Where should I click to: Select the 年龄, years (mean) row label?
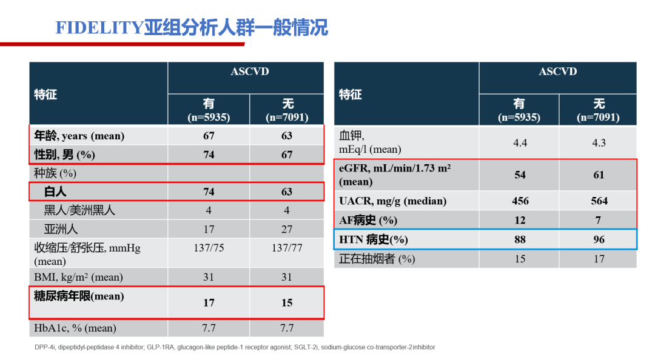(x=79, y=136)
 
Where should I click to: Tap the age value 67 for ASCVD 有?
(x=209, y=136)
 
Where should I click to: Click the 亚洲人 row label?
(x=61, y=229)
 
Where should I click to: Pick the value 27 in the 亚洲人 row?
(x=287, y=229)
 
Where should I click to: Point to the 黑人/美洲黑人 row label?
(x=79, y=210)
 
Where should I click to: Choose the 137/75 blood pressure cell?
(x=209, y=248)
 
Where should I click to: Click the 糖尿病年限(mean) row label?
(x=79, y=296)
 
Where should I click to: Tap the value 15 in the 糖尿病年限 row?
(x=287, y=302)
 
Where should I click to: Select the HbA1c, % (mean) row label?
(x=75, y=328)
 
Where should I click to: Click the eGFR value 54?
(x=520, y=175)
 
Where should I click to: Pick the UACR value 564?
(x=599, y=201)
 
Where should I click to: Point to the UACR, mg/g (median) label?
(x=392, y=201)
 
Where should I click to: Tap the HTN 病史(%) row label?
(x=374, y=239)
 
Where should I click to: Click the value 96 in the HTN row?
(x=599, y=239)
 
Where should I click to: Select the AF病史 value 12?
(x=520, y=220)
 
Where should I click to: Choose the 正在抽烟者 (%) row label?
(x=377, y=259)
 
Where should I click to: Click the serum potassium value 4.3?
(x=599, y=142)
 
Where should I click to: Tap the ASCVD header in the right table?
(x=558, y=72)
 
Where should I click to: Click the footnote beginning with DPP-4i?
(x=234, y=347)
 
